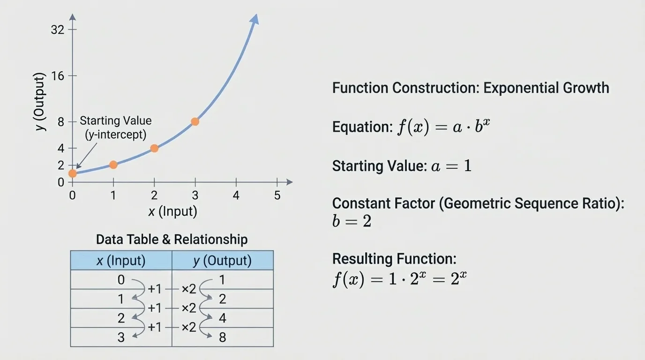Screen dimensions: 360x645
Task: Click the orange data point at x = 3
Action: pyautogui.click(x=195, y=122)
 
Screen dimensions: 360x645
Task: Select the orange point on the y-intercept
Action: pyautogui.click(x=72, y=173)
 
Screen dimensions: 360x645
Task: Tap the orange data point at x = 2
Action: pyautogui.click(x=154, y=149)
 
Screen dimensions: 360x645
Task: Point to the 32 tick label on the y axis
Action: pyautogui.click(x=57, y=30)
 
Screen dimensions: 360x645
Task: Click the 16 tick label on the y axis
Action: pyautogui.click(x=57, y=76)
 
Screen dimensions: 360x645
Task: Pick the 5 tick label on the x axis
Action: pyautogui.click(x=277, y=195)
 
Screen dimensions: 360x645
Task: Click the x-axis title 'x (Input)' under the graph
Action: pyautogui.click(x=172, y=211)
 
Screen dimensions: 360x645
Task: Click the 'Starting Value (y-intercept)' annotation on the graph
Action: pyautogui.click(x=116, y=127)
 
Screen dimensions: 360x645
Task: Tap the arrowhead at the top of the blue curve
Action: pyautogui.click(x=255, y=18)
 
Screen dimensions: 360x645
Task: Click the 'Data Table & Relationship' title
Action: pyautogui.click(x=172, y=240)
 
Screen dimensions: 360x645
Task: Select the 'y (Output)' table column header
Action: pyautogui.click(x=222, y=261)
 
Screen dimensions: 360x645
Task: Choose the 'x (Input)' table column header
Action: pyautogui.click(x=121, y=261)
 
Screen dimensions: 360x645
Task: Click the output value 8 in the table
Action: pyautogui.click(x=222, y=337)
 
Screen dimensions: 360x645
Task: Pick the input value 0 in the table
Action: pyautogui.click(x=121, y=280)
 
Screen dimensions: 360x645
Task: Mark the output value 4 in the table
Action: pyautogui.click(x=222, y=318)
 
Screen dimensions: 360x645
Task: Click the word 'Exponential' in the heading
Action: pyautogui.click(x=518, y=88)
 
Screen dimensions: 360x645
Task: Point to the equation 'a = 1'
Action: pyautogui.click(x=451, y=166)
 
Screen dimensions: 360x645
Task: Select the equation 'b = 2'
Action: pyautogui.click(x=352, y=221)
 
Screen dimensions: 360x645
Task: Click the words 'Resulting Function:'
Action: pyautogui.click(x=394, y=259)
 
